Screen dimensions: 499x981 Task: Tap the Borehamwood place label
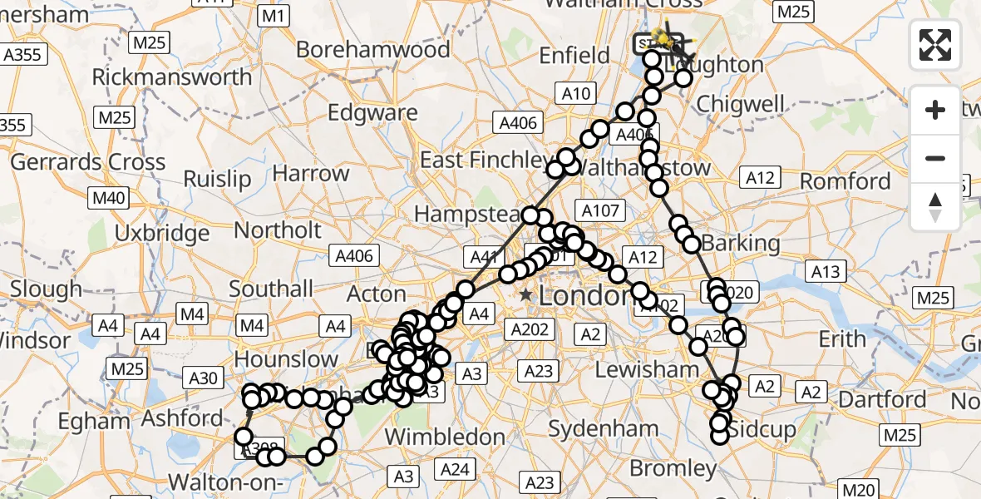point(373,50)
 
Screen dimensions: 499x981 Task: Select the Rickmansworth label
point(172,77)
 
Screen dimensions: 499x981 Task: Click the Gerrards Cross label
point(87,161)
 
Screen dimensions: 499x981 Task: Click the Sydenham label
point(604,430)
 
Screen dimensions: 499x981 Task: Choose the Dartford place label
point(882,399)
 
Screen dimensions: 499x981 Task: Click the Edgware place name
point(373,112)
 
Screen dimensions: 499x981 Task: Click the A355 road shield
point(22,55)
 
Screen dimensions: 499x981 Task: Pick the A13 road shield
point(826,270)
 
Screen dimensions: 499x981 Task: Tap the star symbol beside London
point(525,294)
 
